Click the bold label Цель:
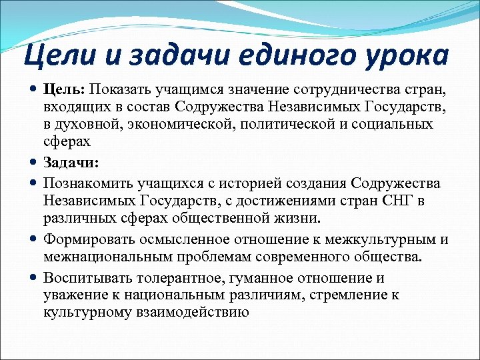pos(65,89)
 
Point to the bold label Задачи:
pos(71,163)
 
